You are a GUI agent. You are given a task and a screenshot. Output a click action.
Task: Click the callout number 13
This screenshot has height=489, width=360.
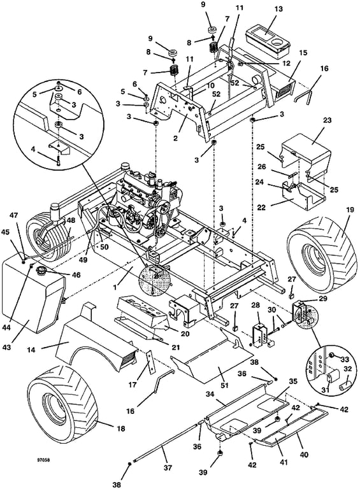(x=278, y=9)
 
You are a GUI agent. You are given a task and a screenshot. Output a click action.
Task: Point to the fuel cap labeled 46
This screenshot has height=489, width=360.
(x=41, y=271)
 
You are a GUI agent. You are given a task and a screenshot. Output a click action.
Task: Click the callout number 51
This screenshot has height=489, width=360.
(x=225, y=385)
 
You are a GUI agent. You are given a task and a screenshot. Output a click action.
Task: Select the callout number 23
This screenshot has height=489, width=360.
(x=328, y=120)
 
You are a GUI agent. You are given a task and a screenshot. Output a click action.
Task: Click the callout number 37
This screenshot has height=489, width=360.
(x=168, y=467)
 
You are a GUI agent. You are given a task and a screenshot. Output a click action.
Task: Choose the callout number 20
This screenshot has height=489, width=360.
(x=185, y=334)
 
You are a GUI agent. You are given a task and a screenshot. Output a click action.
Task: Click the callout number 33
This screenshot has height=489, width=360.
(x=344, y=360)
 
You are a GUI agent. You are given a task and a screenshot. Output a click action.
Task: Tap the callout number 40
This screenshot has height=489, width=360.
(x=304, y=455)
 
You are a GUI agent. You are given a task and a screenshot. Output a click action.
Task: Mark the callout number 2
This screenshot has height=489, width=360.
(x=176, y=138)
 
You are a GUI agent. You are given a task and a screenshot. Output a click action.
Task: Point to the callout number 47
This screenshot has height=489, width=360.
(x=15, y=215)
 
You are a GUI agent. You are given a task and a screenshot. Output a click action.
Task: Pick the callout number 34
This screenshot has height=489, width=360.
(x=210, y=394)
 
